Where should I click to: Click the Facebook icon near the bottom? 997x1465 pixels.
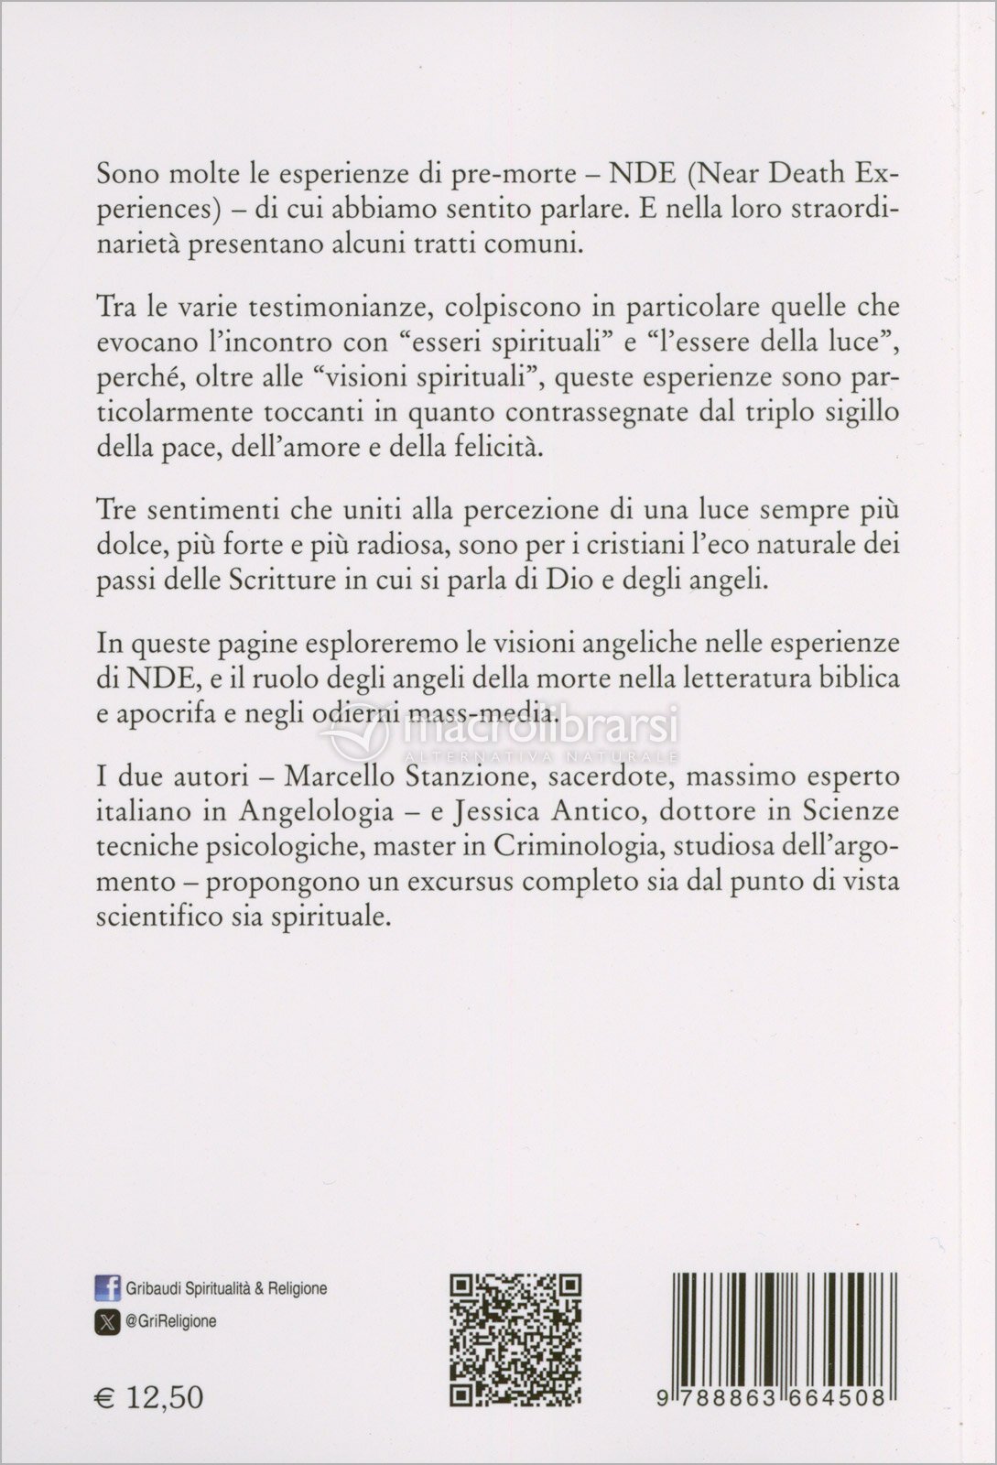point(108,1289)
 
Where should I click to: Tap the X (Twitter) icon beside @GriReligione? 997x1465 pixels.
point(108,1321)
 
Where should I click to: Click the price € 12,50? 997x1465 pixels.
point(149,1397)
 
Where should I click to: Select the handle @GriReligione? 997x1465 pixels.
point(174,1321)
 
